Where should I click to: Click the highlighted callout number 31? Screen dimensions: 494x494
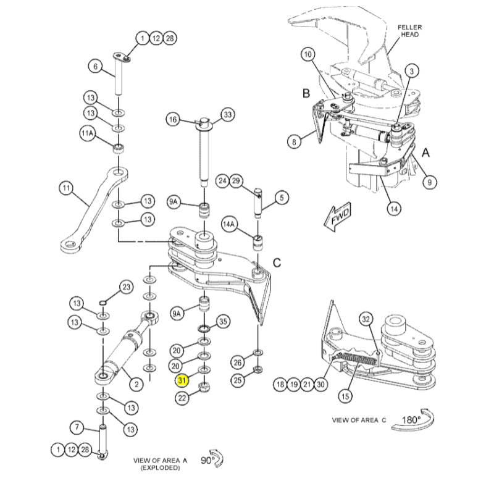(182, 380)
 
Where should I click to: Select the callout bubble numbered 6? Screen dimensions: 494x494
(95, 66)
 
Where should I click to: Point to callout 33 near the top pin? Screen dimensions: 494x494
(228, 115)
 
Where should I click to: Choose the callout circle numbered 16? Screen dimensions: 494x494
(172, 119)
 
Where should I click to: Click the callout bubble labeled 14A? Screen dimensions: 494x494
(229, 223)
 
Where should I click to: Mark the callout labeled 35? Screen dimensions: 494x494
(223, 321)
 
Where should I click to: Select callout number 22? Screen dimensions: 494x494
(182, 398)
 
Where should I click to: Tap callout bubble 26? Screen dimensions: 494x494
(237, 362)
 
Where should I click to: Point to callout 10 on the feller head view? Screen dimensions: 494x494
(308, 54)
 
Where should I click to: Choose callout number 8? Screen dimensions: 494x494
(295, 141)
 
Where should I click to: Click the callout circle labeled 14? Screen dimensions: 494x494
(393, 208)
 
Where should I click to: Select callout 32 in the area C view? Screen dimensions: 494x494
(366, 319)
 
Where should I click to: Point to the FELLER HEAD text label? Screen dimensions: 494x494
(409, 31)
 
